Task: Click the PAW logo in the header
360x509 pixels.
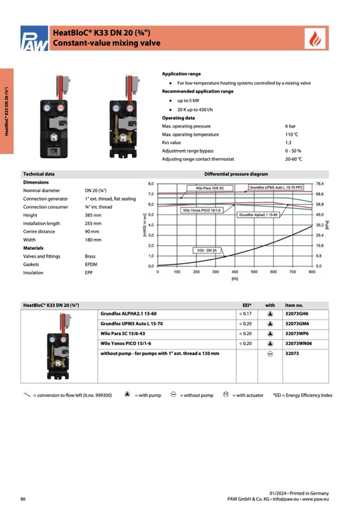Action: coord(35,38)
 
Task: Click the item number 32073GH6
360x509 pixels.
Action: coord(297,314)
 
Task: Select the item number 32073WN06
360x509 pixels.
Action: coord(299,344)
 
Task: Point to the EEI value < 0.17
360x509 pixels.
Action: coord(245,314)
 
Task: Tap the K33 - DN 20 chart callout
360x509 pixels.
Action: coord(207,249)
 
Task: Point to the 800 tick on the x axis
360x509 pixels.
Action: coord(311,272)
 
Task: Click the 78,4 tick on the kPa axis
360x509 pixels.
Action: coord(320,184)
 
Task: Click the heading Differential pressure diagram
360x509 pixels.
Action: coord(236,174)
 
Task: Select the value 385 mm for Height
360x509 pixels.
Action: coord(92,215)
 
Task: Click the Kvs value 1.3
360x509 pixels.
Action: coord(288,143)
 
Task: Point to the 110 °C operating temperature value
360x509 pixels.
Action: coord(292,135)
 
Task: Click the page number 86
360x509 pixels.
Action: coord(23,499)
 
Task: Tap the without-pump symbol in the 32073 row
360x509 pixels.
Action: coord(270,354)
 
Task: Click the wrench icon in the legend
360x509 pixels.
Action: coord(27,394)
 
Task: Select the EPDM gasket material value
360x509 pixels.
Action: coord(91,264)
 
